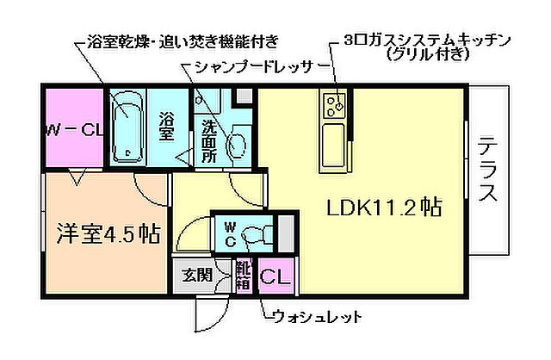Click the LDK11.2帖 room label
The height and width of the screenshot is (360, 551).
tap(383, 208)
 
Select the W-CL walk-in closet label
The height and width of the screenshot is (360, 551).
tap(74, 131)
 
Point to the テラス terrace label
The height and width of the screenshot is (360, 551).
tap(487, 169)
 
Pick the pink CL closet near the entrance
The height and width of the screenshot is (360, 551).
tap(275, 277)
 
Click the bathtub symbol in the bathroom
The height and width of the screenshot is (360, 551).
tap(130, 130)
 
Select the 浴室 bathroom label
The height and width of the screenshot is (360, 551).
tap(167, 127)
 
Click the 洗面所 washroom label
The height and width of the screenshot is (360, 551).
tap(209, 140)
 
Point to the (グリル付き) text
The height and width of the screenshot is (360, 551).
tap(428, 55)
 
